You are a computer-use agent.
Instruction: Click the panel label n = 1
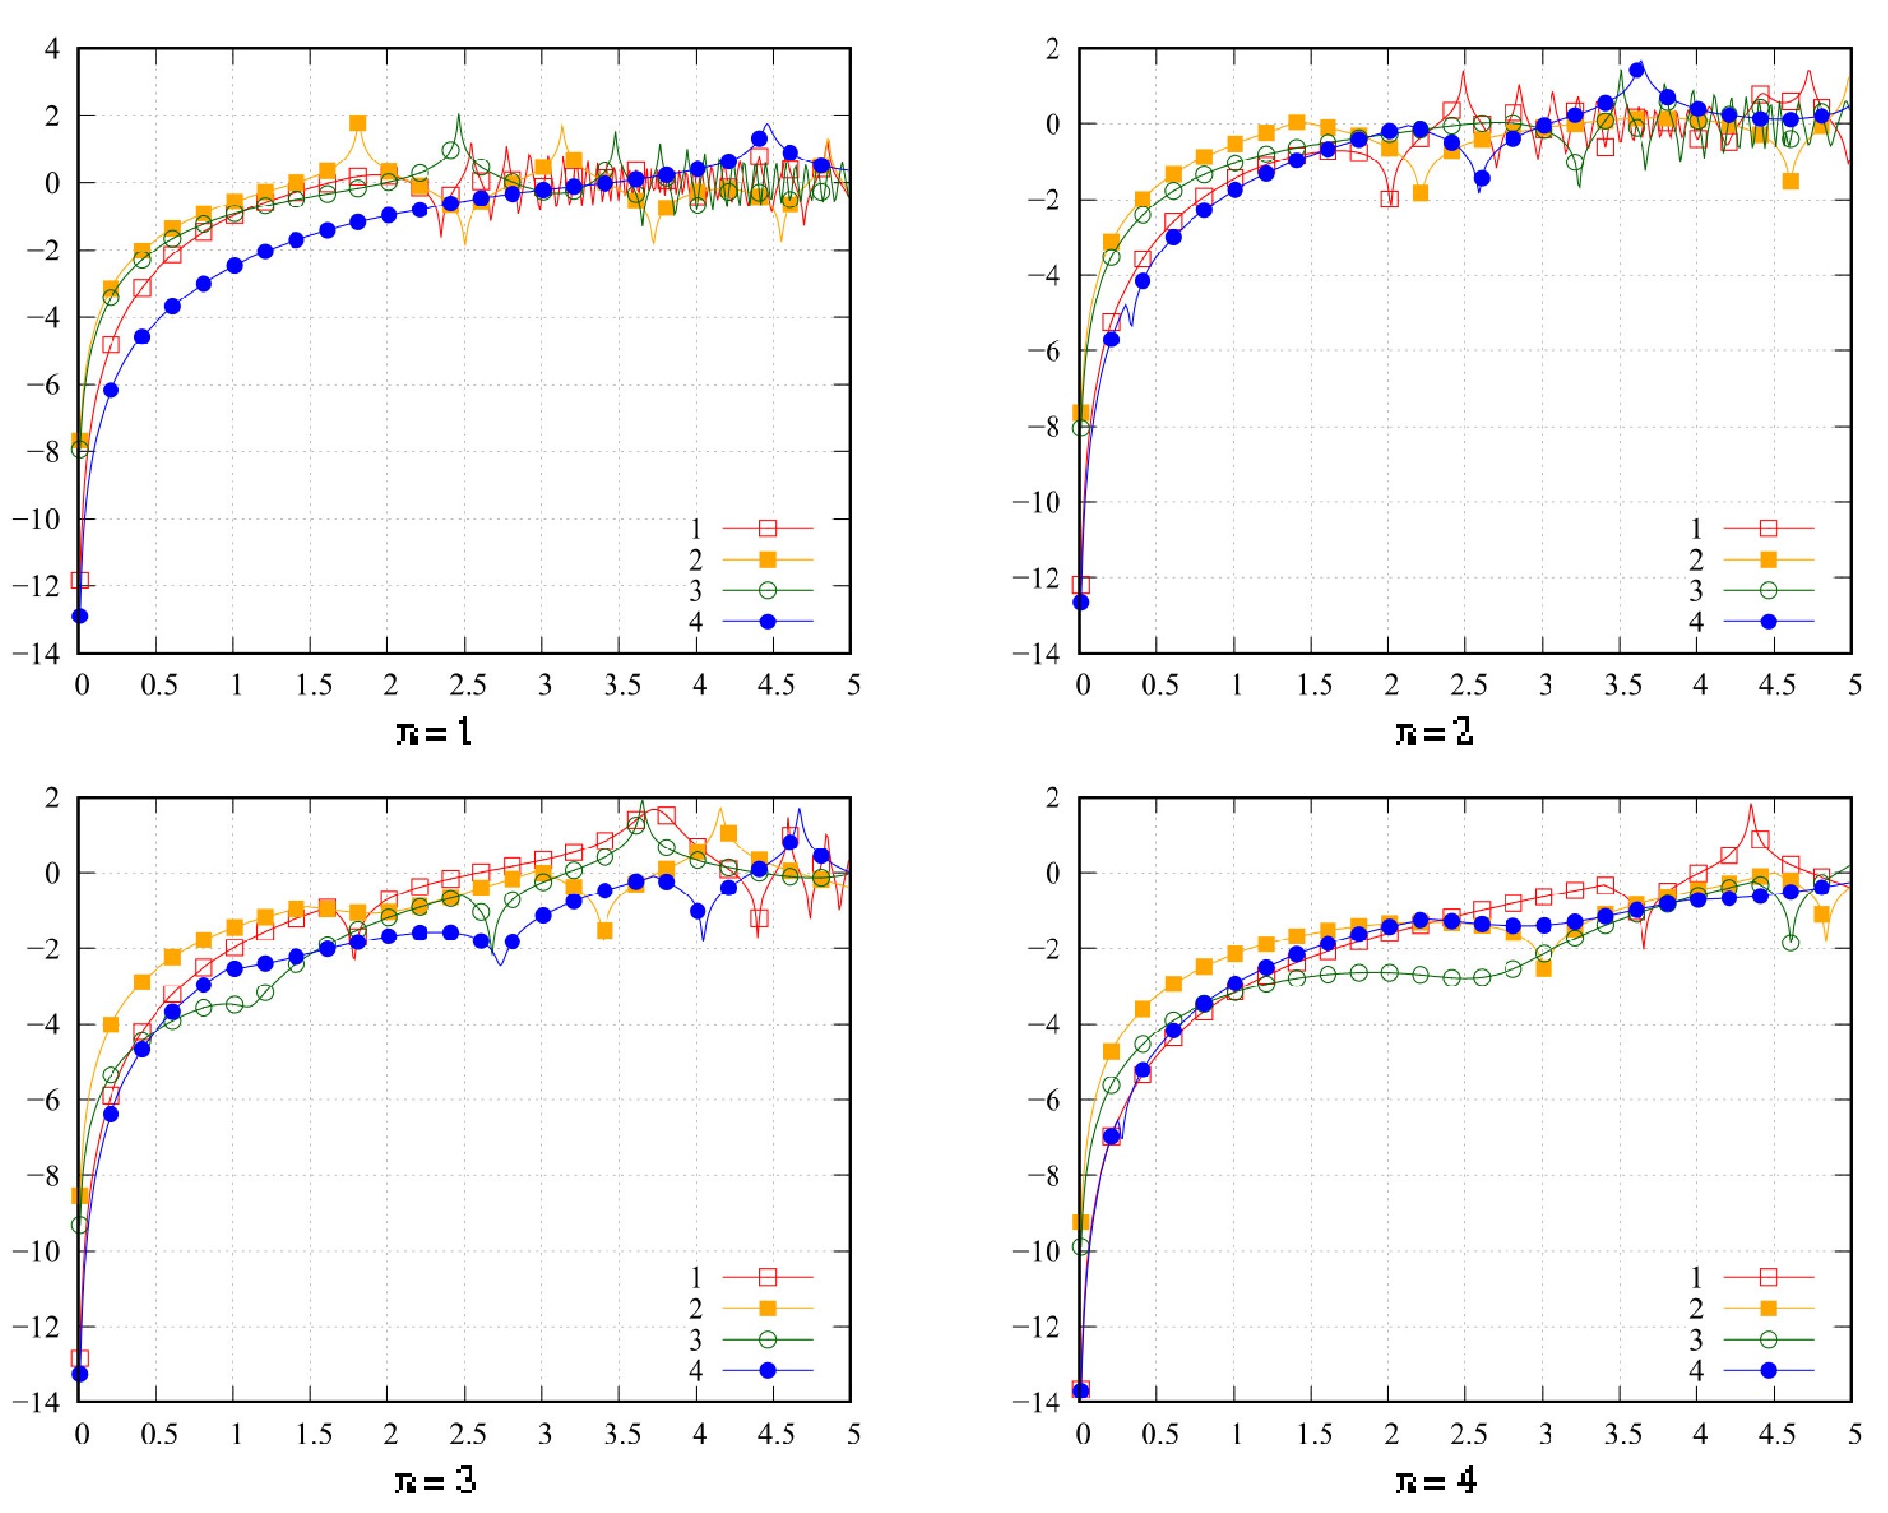click(x=434, y=732)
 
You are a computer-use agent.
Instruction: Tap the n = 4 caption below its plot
click(x=1435, y=1481)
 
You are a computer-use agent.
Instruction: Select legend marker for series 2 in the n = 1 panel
click(x=768, y=559)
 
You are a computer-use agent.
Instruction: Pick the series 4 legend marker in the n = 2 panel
click(x=1769, y=621)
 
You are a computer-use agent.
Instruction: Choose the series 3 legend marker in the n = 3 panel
click(x=768, y=1339)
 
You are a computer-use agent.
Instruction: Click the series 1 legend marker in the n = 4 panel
click(x=1769, y=1276)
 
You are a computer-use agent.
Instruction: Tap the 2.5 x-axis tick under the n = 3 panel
click(x=468, y=1434)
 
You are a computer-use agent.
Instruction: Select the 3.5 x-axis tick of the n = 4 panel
click(x=1623, y=1434)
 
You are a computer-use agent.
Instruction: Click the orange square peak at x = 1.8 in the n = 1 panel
click(x=358, y=123)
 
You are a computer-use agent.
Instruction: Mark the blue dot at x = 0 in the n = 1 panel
click(x=80, y=616)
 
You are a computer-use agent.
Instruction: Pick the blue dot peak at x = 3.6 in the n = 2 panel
click(x=1637, y=69)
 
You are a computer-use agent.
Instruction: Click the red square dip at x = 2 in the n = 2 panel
click(x=1390, y=199)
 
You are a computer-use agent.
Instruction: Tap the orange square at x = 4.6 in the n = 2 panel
click(x=1791, y=181)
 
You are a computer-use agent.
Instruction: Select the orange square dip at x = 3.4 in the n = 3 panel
click(x=606, y=930)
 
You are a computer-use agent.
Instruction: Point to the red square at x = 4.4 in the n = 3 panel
click(x=759, y=918)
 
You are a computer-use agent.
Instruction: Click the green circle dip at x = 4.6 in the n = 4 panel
click(x=1791, y=942)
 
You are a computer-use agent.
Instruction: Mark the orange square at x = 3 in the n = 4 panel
click(x=1544, y=968)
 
